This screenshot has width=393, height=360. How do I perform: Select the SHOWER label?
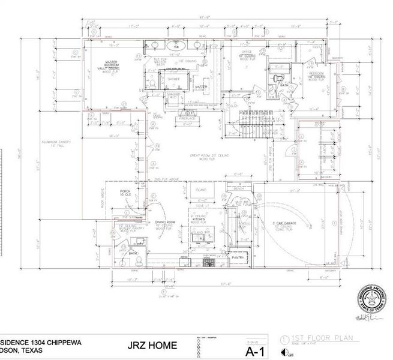click(x=174, y=79)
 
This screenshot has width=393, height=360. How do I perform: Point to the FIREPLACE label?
click(x=191, y=118)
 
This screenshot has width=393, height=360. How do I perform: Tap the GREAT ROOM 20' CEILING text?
click(x=211, y=156)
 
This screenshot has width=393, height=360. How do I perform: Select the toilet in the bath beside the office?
click(x=277, y=78)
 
